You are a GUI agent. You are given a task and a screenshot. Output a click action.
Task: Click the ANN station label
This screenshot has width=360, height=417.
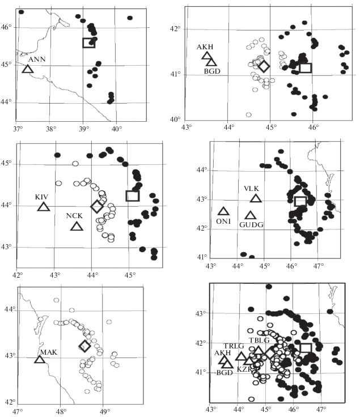point(36,58)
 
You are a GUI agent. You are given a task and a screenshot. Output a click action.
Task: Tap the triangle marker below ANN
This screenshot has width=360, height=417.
point(27,69)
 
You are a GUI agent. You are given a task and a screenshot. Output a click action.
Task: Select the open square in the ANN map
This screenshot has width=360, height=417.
point(88,42)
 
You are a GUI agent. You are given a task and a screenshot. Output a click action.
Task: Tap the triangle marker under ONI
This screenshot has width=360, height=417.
point(224,211)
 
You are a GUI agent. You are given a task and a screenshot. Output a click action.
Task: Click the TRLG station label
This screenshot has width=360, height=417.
point(233,346)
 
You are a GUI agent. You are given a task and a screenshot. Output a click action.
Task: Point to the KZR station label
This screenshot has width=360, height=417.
point(244,369)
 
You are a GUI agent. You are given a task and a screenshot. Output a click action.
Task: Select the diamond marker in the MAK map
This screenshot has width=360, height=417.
point(84,346)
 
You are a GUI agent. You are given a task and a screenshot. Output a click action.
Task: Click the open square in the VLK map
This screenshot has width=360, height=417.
point(300,201)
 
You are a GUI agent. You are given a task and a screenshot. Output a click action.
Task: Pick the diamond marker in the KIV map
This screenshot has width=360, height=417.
point(97,206)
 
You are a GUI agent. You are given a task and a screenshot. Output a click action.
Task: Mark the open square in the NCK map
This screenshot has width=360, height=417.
point(132,195)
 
